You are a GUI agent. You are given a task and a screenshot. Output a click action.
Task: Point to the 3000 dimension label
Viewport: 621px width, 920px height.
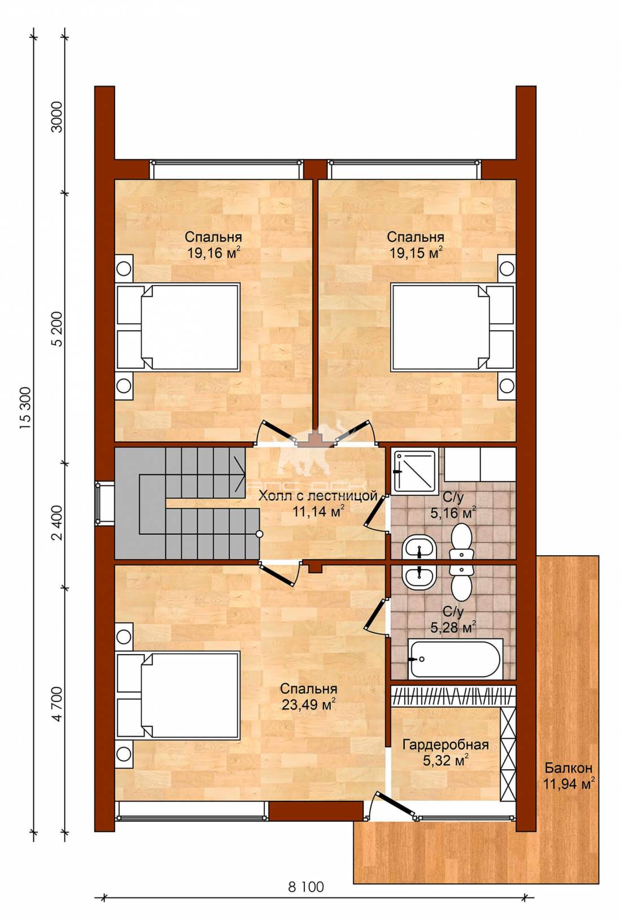58,116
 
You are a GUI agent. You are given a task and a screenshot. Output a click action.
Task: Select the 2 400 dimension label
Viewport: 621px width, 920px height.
58,523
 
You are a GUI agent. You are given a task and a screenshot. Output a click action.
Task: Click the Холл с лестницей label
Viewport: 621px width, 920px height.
318,496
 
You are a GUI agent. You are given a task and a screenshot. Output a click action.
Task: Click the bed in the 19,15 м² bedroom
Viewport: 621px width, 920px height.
452,328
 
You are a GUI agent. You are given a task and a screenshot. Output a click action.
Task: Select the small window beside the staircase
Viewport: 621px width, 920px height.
98,503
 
